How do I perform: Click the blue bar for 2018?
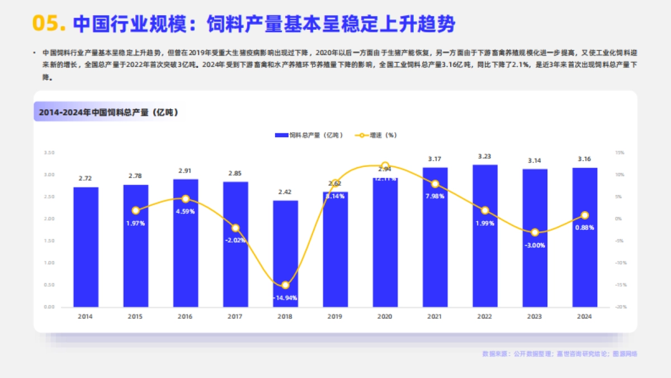[x=285, y=255]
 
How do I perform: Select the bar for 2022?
[x=485, y=235]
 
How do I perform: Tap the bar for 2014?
[x=86, y=246]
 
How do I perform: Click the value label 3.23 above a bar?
[x=485, y=156]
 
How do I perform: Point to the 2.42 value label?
[x=285, y=192]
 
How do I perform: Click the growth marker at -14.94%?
[x=285, y=285]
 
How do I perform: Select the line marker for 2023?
[x=535, y=232]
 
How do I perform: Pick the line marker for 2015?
[x=135, y=211]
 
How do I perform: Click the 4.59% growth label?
[x=185, y=211]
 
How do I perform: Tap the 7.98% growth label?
[x=435, y=196]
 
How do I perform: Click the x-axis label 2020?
[x=385, y=317]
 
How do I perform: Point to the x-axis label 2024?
[x=584, y=317]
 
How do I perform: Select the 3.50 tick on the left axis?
[x=49, y=153]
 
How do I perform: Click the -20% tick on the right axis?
[x=619, y=307]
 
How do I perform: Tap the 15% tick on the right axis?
[x=619, y=153]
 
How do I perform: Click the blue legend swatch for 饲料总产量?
[x=281, y=136]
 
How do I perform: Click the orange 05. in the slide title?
[x=49, y=24]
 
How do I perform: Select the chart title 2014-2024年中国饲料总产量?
[x=108, y=113]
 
